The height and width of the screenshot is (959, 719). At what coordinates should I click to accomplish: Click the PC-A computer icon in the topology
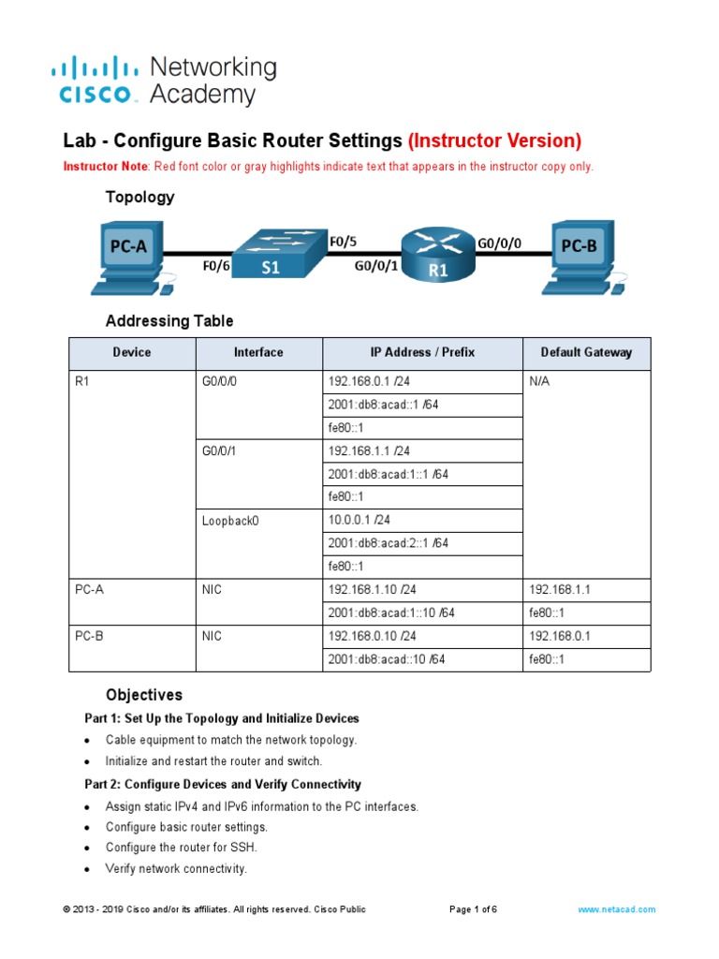coord(128,250)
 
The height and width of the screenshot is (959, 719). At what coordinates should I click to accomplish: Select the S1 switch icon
coord(271,254)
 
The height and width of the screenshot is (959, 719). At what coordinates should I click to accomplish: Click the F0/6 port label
coord(216,266)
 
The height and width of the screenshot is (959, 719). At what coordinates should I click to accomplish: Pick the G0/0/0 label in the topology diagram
coord(499,243)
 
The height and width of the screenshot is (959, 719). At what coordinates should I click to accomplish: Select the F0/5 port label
coord(344,241)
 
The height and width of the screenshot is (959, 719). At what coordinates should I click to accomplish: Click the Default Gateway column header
coord(586,352)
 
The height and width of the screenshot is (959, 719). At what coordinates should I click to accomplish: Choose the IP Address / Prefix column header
coord(422,352)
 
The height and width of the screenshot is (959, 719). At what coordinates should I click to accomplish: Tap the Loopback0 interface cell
coord(229,521)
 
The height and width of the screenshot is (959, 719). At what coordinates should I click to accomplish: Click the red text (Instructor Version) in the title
coord(494,140)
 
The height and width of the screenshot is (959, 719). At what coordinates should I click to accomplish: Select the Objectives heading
coord(143,695)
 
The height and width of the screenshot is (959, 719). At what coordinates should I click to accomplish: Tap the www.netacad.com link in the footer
coord(616,908)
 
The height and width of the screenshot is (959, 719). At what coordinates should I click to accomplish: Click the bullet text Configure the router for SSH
coord(181,848)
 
